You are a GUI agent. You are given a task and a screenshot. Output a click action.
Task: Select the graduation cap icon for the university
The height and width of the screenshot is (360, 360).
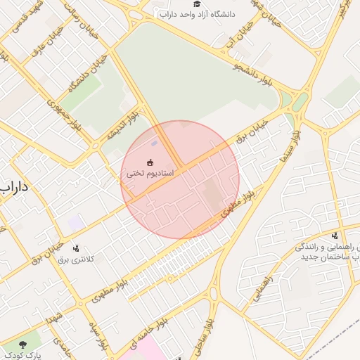(x=196, y=4)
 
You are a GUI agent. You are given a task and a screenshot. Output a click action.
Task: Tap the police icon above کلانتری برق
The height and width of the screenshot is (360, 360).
(x=76, y=247)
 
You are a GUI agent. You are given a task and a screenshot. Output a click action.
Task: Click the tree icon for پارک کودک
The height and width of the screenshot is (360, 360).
(x=25, y=345)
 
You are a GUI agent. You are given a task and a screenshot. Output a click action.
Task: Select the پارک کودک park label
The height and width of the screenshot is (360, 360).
(x=25, y=356)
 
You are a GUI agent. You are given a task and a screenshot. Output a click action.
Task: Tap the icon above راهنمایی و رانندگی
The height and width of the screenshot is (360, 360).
(x=335, y=236)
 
